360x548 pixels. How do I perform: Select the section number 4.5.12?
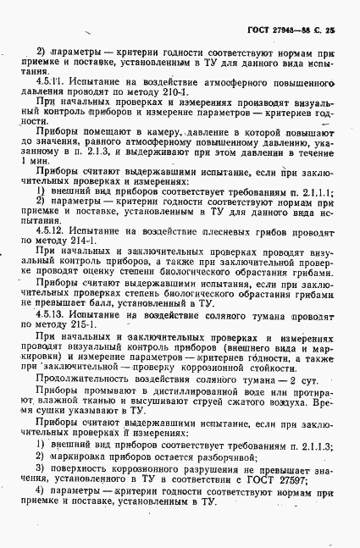coord(51,229)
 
